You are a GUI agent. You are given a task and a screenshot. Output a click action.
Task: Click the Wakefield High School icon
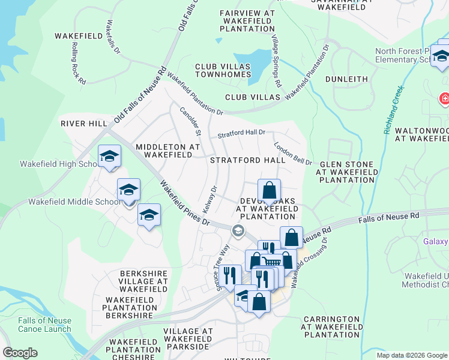pyautogui.click(x=109, y=158)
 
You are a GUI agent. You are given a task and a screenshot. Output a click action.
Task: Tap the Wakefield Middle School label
pyautogui.click(x=74, y=202)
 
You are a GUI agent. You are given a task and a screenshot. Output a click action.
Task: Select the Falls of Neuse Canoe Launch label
pyautogui.click(x=44, y=325)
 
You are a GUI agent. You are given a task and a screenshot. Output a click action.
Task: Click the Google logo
pyautogui.click(x=20, y=353)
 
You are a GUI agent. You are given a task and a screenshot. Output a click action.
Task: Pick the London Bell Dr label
pyautogui.click(x=293, y=154)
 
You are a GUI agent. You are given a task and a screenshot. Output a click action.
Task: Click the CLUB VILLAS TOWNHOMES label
pyautogui.click(x=223, y=70)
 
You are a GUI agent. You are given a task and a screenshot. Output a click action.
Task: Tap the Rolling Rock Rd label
pyautogui.click(x=79, y=63)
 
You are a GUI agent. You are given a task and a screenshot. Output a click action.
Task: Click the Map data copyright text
pyautogui.click(x=412, y=355)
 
